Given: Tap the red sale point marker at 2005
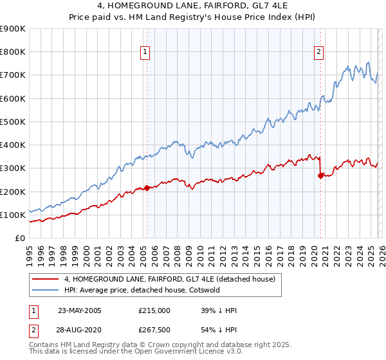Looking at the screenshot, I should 147,188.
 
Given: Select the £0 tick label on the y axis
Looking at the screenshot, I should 19,238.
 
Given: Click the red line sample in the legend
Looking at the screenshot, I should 46,278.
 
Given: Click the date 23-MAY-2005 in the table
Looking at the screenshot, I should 80,310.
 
